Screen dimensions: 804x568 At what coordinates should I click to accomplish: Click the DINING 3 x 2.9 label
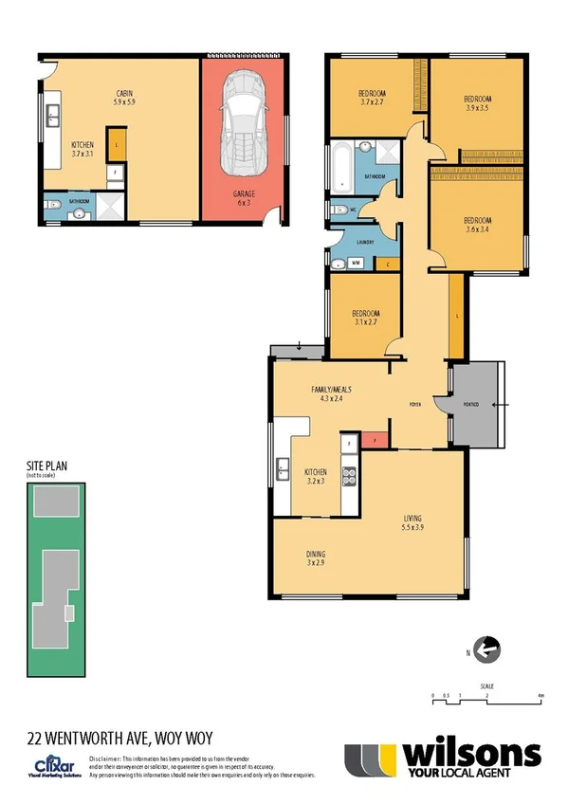point(316,558)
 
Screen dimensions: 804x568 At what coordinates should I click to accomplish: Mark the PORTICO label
point(470,405)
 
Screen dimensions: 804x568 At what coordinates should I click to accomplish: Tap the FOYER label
point(415,404)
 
